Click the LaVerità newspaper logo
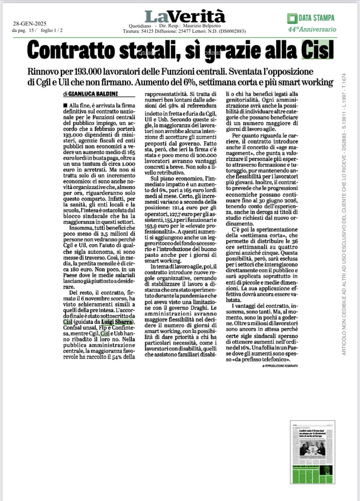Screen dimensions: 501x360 coord(185,16)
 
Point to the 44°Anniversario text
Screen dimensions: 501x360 coord(312,30)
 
